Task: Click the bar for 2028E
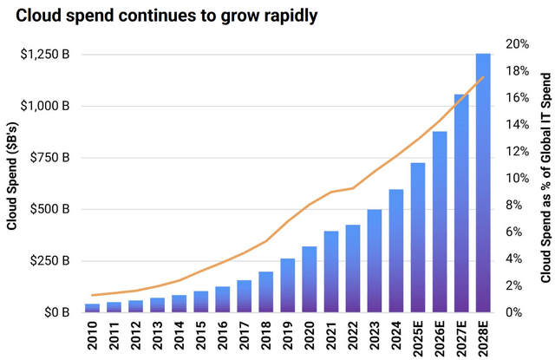pyautogui.click(x=483, y=183)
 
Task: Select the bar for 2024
pyautogui.click(x=396, y=251)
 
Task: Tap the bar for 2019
pyautogui.click(x=288, y=285)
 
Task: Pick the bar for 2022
pyautogui.click(x=353, y=269)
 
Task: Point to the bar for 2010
pyautogui.click(x=93, y=308)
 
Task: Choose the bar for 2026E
pyautogui.click(x=440, y=222)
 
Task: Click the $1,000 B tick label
pyautogui.click(x=45, y=106)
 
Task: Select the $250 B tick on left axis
pyautogui.click(x=49, y=261)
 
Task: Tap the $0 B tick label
pyautogui.click(x=56, y=312)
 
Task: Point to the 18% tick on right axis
pyautogui.click(x=517, y=71)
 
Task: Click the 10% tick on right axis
pyautogui.click(x=517, y=178)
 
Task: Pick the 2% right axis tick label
pyautogui.click(x=514, y=285)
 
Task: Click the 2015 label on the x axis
pyautogui.click(x=200, y=335)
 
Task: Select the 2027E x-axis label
pyautogui.click(x=461, y=338)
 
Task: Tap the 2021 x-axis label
pyautogui.click(x=331, y=335)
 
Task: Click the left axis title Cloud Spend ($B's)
pyautogui.click(x=12, y=176)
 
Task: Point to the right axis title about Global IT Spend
pyautogui.click(x=546, y=178)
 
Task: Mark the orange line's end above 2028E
pyautogui.click(x=483, y=77)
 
